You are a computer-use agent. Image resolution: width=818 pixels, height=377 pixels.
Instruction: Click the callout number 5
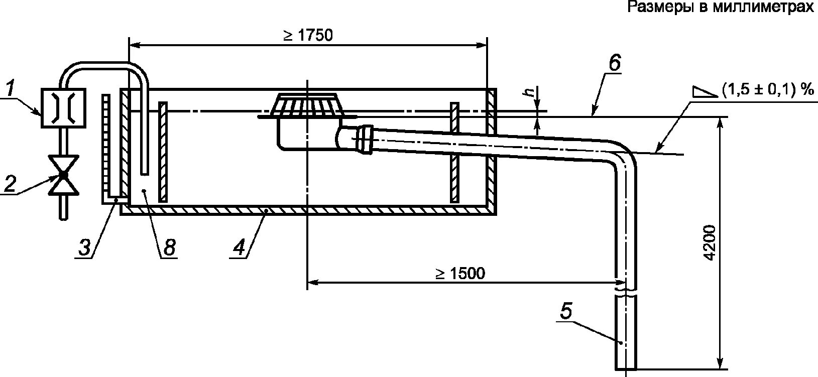click(x=566, y=312)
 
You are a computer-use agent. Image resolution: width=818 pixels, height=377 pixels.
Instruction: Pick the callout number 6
click(x=615, y=63)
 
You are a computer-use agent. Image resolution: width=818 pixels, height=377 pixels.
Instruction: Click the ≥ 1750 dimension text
click(x=308, y=36)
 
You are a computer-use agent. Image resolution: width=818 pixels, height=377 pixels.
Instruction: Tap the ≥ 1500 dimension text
click(x=460, y=274)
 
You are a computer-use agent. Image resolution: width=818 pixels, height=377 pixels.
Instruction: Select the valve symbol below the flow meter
click(x=63, y=175)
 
